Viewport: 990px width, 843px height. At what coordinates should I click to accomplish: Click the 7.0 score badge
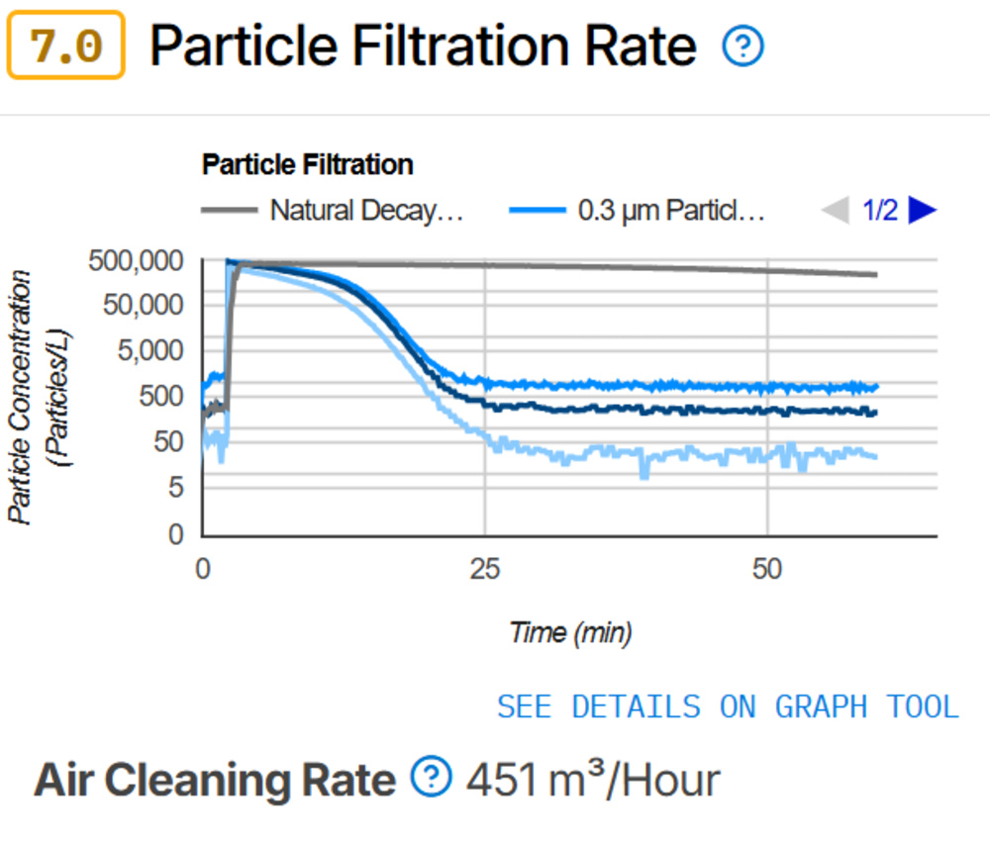click(x=65, y=46)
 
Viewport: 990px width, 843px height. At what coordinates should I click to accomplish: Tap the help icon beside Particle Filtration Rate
click(x=742, y=47)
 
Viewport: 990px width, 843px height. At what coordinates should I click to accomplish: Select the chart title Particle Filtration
click(x=307, y=164)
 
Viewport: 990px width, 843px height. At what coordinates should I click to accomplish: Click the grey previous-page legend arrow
click(x=836, y=211)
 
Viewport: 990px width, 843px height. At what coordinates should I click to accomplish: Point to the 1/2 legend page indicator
click(x=879, y=211)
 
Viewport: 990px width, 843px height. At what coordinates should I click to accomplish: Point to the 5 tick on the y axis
click(x=177, y=488)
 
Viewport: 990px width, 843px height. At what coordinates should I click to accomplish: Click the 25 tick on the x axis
click(x=485, y=570)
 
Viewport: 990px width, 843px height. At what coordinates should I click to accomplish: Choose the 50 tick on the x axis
click(x=767, y=570)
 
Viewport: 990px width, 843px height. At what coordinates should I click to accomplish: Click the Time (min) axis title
click(x=570, y=632)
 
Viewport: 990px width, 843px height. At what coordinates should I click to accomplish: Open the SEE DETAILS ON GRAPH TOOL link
click(x=728, y=706)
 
